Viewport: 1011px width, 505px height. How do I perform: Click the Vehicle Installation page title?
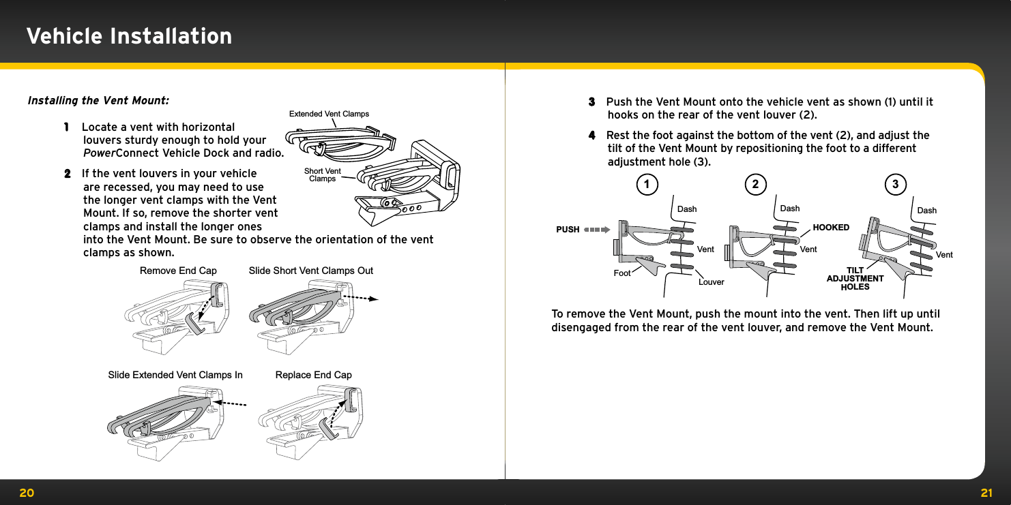129,36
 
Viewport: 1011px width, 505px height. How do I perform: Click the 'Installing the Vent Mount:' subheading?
98,101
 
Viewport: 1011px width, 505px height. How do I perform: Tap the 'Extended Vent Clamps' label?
329,114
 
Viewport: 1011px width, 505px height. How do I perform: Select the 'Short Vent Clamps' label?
323,175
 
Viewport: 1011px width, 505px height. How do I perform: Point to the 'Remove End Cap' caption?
178,271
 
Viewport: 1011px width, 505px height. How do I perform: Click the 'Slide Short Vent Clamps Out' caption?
311,271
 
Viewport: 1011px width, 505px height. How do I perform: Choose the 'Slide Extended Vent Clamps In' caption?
175,375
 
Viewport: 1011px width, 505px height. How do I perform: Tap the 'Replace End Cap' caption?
314,375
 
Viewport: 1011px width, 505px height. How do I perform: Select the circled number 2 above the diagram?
755,184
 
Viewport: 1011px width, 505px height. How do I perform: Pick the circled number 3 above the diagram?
895,184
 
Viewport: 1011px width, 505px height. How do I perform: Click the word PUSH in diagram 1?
568,230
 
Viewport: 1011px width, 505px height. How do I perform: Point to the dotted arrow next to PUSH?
597,230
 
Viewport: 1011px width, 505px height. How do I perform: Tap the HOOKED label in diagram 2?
831,228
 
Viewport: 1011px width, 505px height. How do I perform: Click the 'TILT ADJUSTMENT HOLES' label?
855,279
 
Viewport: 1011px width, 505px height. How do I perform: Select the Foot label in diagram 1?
622,273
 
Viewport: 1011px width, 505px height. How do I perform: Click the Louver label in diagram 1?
712,282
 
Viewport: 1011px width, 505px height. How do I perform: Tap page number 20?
27,493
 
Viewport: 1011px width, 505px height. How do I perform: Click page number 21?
986,493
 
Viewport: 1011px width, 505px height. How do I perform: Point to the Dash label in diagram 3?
926,211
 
